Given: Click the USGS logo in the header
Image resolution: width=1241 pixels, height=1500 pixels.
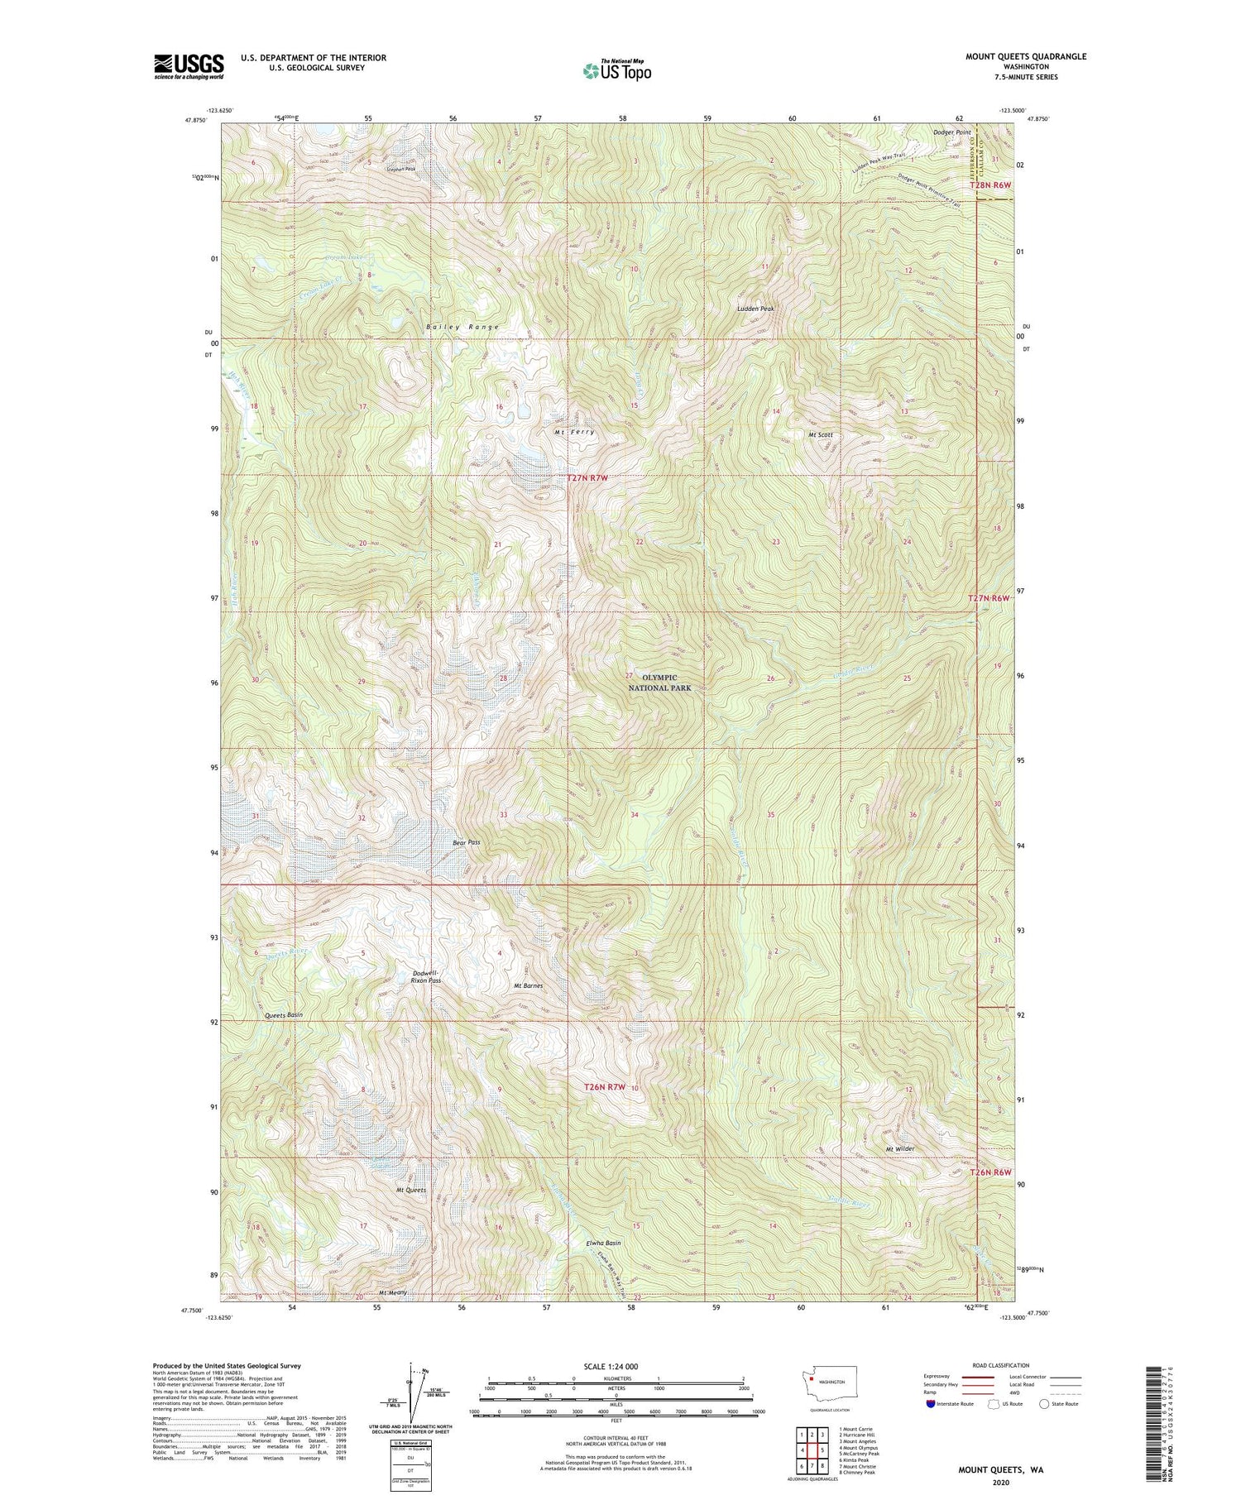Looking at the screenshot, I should click(189, 65).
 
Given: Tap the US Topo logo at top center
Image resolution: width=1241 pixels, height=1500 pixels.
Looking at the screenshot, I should click(616, 70).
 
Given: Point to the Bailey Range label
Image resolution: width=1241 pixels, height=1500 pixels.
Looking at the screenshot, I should click(462, 328).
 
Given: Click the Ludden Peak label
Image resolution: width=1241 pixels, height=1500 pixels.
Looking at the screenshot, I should click(755, 309).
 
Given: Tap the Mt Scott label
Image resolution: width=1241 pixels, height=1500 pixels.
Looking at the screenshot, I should click(820, 434).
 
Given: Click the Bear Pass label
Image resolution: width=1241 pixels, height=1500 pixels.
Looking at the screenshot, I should click(466, 842).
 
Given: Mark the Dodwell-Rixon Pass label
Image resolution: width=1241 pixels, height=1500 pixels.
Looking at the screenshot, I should click(426, 976).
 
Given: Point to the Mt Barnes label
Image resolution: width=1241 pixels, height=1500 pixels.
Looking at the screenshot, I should click(528, 985).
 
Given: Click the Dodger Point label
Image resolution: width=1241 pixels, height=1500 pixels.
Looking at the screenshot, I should click(951, 132).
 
